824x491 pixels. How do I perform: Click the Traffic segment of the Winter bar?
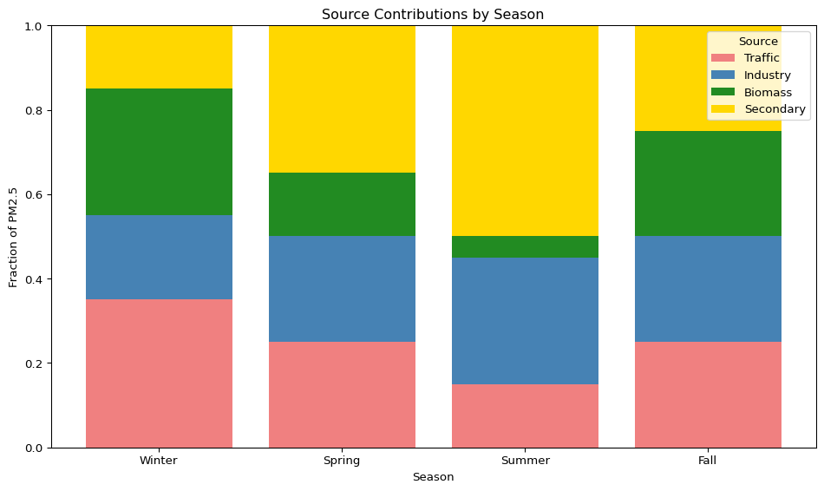pos(159,373)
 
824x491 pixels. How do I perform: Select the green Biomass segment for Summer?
pos(525,246)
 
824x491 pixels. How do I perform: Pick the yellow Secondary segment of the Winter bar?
pos(159,57)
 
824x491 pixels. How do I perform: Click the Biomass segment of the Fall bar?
pos(708,183)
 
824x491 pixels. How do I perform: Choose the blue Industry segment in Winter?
pos(159,257)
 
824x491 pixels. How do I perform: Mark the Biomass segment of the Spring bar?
pos(342,204)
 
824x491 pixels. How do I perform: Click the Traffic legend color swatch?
pos(723,58)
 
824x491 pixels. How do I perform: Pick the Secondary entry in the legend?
pos(775,109)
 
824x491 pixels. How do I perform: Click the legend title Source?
pos(757,42)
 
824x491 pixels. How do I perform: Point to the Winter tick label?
pos(159,461)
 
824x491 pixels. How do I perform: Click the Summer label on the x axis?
pos(525,461)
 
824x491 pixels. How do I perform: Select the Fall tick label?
pos(708,461)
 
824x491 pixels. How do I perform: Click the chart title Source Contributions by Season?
pos(433,15)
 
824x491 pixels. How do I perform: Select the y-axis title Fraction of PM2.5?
pos(14,237)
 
